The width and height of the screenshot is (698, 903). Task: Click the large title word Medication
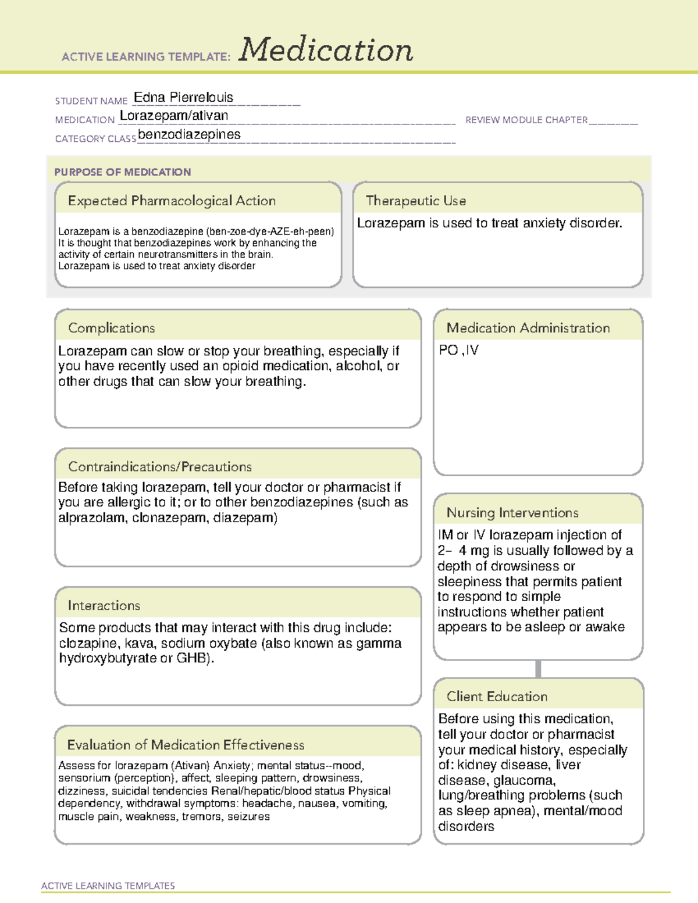[326, 50]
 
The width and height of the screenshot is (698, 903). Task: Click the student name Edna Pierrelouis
[183, 97]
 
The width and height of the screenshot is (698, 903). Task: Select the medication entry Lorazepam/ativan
[174, 116]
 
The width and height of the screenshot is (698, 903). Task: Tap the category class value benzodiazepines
[189, 134]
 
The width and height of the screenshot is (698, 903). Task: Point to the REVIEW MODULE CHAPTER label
[526, 120]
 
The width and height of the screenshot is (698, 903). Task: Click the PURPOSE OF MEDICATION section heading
[123, 172]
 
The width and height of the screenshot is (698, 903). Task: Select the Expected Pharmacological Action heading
[172, 201]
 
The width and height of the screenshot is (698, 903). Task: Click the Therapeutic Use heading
[416, 201]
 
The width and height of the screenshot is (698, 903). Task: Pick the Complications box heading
[112, 328]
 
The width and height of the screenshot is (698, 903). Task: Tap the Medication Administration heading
[528, 328]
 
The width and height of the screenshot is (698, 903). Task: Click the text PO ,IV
[459, 350]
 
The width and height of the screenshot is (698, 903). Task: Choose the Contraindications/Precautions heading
[160, 466]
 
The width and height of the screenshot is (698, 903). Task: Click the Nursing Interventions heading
[512, 512]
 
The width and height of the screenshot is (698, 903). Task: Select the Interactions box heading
[104, 605]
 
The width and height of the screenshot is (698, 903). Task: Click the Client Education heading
[497, 696]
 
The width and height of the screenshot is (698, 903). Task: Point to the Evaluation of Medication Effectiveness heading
[186, 745]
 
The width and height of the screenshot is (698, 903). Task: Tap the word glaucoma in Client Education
[524, 780]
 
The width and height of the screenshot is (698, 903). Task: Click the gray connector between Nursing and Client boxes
[538, 669]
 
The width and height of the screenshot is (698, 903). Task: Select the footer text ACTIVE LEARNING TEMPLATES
[108, 886]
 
